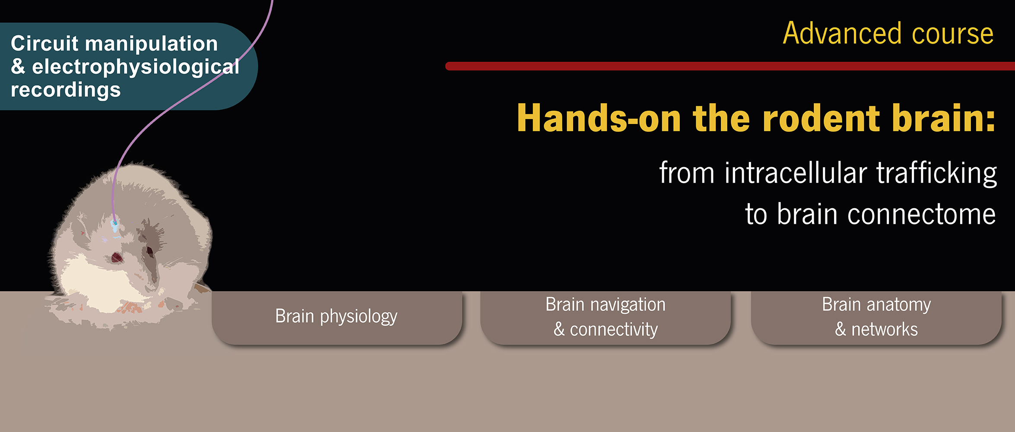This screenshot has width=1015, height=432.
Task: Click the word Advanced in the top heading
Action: click(x=842, y=33)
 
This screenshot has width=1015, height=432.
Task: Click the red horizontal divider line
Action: click(x=730, y=66)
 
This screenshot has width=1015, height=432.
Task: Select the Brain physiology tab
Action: click(x=337, y=318)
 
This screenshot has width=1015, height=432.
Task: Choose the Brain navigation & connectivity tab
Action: click(x=606, y=318)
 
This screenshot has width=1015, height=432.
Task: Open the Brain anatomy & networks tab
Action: click(x=876, y=318)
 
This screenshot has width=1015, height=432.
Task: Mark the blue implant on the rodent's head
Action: click(x=114, y=226)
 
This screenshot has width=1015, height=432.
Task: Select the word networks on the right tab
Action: click(x=885, y=330)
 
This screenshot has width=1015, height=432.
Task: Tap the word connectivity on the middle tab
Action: click(x=614, y=330)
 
